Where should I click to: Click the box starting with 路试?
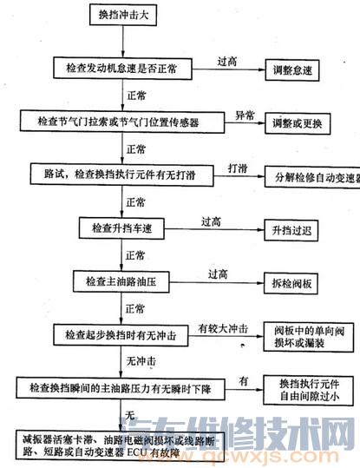point(120,175)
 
